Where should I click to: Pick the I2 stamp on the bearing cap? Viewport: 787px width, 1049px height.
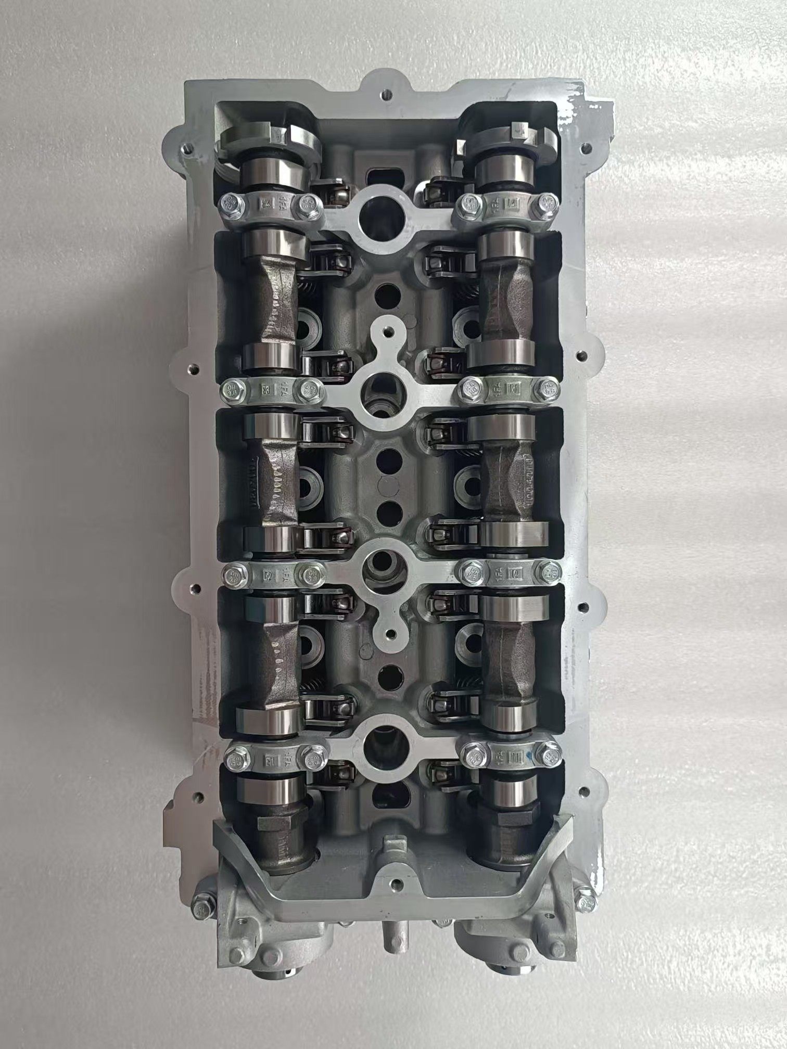[515, 573]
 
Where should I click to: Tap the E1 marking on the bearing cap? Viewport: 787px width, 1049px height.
[270, 758]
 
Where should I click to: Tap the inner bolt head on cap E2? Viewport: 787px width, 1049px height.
[308, 574]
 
